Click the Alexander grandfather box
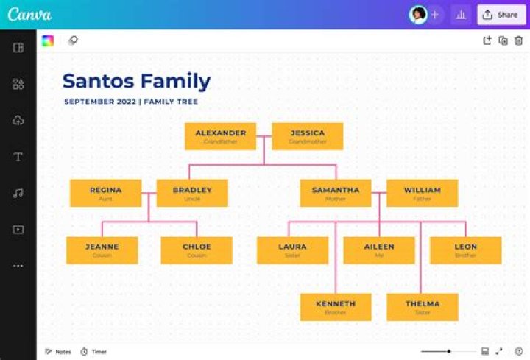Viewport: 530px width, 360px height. point(220,136)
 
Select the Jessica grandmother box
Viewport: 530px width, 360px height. point(307,136)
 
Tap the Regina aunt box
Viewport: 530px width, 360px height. point(105,193)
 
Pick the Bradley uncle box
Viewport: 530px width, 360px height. point(192,193)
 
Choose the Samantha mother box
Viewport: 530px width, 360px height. point(335,193)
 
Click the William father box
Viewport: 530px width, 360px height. point(422,193)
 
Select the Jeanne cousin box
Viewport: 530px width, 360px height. point(102,250)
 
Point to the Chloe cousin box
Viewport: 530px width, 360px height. point(197,250)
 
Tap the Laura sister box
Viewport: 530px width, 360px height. point(292,250)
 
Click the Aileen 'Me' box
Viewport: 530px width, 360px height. point(379,250)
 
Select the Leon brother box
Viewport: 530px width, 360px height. point(465,250)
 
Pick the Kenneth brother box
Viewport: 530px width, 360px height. point(335,307)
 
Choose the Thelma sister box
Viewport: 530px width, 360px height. point(422,307)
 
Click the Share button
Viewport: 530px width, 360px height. point(501,15)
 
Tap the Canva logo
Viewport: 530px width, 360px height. point(29,15)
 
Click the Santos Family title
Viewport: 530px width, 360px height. point(136,81)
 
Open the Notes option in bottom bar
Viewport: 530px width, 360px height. point(58,352)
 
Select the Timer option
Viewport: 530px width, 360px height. point(93,352)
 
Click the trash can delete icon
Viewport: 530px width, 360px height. point(518,41)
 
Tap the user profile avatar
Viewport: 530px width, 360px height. point(418,15)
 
